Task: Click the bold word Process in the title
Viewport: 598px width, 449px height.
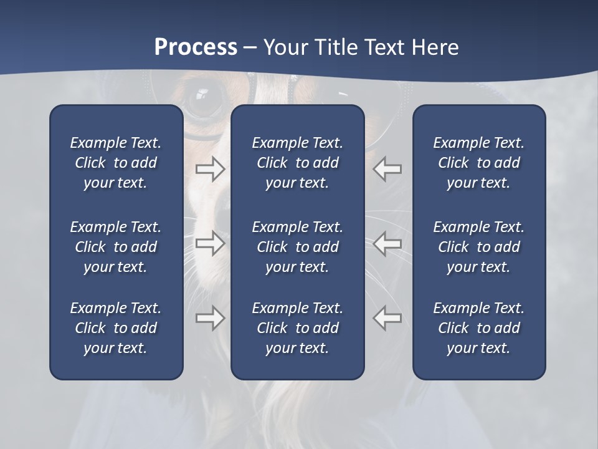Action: click(196, 47)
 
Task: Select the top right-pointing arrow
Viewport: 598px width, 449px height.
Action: click(211, 169)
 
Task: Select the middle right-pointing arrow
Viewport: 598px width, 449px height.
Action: click(211, 243)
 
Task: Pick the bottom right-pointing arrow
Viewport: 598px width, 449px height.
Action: click(211, 318)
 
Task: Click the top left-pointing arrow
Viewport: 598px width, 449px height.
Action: click(387, 169)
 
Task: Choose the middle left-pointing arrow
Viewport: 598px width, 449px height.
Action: click(387, 243)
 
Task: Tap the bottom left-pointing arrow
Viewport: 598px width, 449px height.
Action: click(387, 318)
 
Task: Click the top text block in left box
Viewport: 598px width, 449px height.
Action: click(116, 163)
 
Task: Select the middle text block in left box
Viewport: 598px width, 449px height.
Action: click(116, 247)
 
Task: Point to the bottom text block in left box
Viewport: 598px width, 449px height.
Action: click(116, 328)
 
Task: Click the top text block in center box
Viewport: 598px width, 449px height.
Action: click(298, 163)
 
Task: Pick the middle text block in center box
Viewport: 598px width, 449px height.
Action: click(298, 247)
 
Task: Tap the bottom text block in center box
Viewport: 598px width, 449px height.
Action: click(298, 328)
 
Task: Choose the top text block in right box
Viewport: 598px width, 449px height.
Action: click(479, 163)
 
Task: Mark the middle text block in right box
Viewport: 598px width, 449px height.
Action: click(479, 247)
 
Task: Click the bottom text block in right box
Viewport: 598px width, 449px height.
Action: click(479, 328)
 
